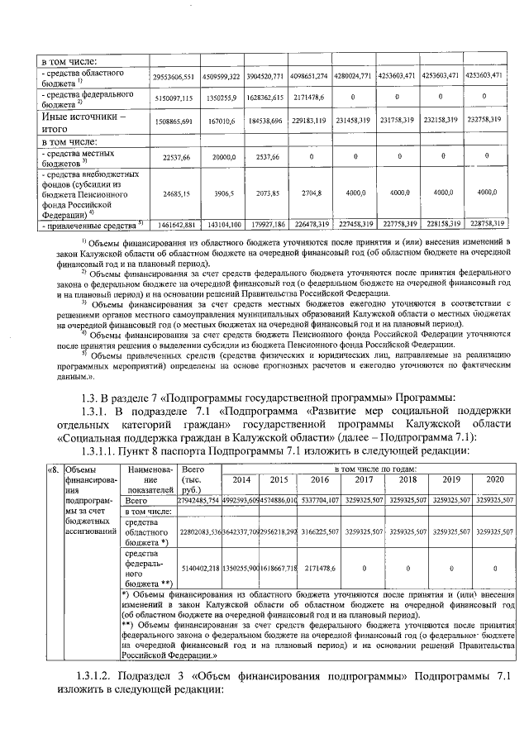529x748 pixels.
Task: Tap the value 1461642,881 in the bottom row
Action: (173, 224)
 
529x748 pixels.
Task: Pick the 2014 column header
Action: (241, 480)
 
